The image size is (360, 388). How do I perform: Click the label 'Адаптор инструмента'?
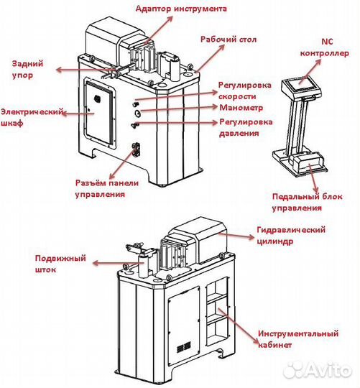coord(181,9)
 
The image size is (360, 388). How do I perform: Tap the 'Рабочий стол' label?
coord(229,40)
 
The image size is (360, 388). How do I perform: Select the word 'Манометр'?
coord(241,108)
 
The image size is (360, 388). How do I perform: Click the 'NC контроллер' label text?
coord(325,47)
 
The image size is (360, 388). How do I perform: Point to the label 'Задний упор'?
coord(28,69)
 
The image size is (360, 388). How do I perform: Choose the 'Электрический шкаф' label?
coord(32,117)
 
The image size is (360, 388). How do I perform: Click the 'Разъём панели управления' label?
coord(107,188)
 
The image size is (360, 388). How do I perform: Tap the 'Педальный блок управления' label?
coord(308,202)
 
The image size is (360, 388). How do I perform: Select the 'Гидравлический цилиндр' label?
coord(291,236)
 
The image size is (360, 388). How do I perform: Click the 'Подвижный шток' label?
coord(60,264)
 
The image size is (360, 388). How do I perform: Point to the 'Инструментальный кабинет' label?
coord(298,339)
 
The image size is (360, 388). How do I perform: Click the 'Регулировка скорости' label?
coord(245,91)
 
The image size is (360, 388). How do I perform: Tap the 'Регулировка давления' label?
coord(246,127)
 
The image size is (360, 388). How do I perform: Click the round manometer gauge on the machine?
coord(137,113)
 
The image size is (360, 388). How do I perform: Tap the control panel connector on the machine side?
coord(137,149)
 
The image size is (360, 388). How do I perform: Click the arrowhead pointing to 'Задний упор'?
coord(60,70)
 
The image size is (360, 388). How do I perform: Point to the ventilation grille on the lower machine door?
coord(183,347)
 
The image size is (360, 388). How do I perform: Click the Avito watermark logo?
coord(318,370)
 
